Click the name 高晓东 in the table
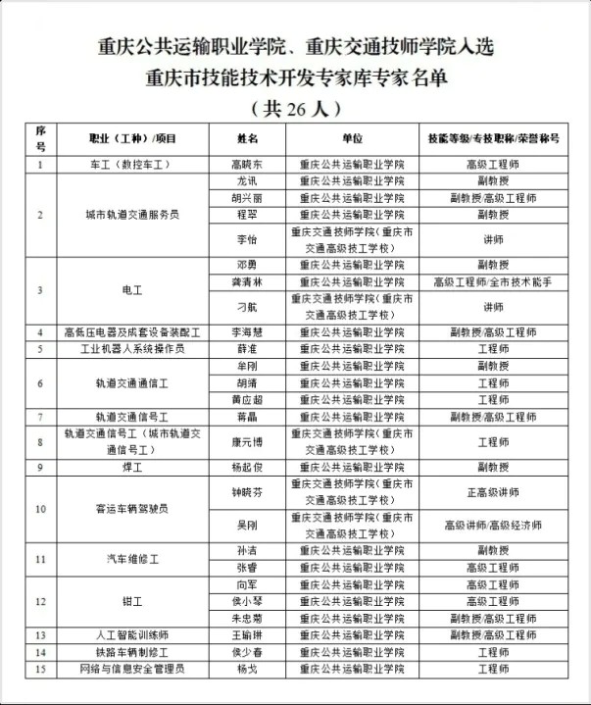246,165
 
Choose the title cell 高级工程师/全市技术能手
493,281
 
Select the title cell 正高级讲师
493,493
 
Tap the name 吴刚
247,526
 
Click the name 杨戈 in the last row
247,670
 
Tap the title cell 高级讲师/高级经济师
493,526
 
